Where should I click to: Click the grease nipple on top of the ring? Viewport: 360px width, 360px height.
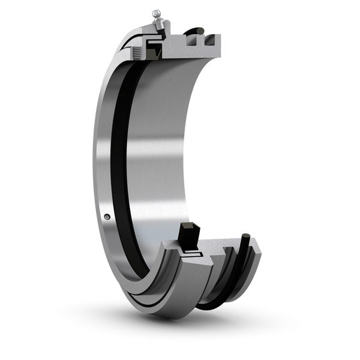tap(157, 13)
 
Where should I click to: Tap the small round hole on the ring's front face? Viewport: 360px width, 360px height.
tap(107, 217)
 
